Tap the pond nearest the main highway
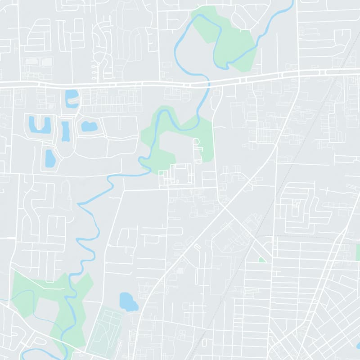click(x=71, y=99)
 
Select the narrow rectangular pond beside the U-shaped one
click(x=66, y=131)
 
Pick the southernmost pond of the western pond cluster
click(x=50, y=158)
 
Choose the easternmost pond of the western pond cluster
click(x=89, y=126)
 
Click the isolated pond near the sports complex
click(x=129, y=301)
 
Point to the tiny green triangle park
click(x=261, y=260)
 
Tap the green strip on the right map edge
click(x=358, y=252)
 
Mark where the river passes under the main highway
click(x=208, y=83)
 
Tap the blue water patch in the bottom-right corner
click(x=358, y=346)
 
